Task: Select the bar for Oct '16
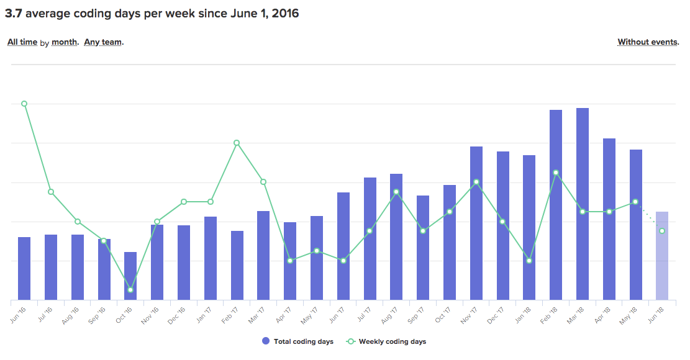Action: click(x=130, y=276)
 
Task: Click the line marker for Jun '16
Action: click(x=24, y=104)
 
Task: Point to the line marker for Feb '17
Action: click(x=237, y=143)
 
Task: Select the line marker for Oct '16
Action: click(x=130, y=290)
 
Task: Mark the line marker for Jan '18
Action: click(x=529, y=261)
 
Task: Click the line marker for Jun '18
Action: click(x=662, y=231)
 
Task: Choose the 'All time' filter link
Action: click(x=22, y=42)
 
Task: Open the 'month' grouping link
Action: click(x=65, y=42)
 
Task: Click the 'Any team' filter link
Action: click(x=103, y=42)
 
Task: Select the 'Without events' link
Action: click(x=647, y=42)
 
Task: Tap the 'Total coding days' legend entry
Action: click(x=297, y=341)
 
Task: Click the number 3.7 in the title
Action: click(x=13, y=13)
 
